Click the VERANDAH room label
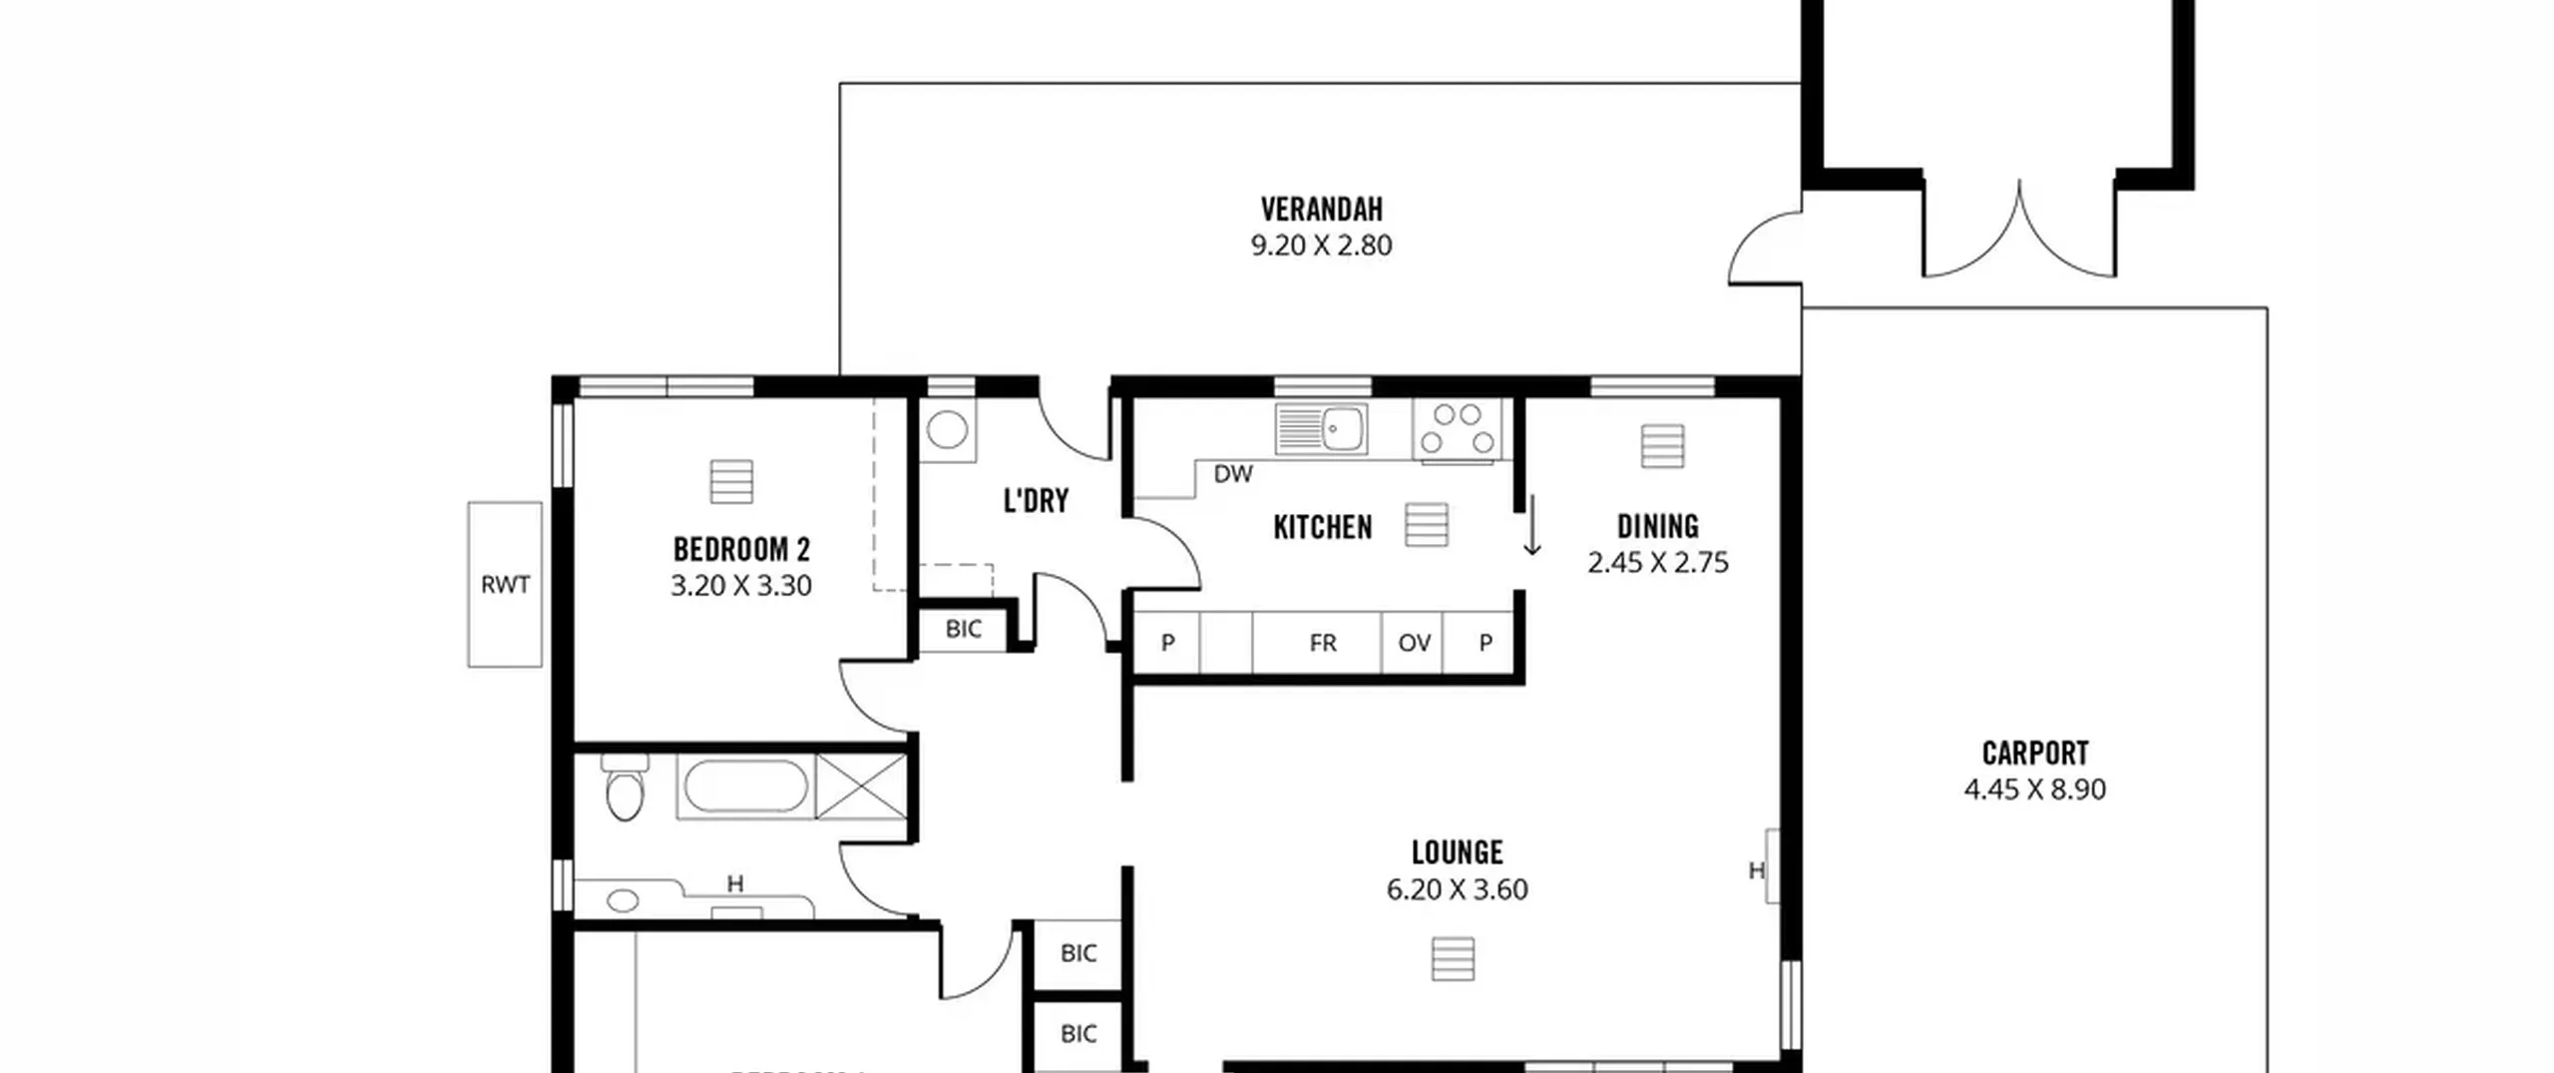tap(1321, 210)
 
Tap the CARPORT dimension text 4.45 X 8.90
tap(2034, 790)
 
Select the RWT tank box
tap(505, 585)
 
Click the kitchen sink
tap(1321, 429)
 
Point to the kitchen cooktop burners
tap(1457, 429)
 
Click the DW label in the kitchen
tap(1233, 475)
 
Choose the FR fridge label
tap(1323, 644)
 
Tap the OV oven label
tap(1414, 644)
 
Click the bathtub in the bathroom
tap(745, 788)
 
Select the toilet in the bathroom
tap(625, 788)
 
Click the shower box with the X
tap(861, 788)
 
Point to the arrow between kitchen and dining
tap(1531, 525)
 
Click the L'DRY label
tap(1036, 500)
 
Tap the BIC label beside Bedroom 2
tap(963, 630)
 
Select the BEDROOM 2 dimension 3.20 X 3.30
tap(740, 586)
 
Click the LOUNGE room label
tap(1457, 852)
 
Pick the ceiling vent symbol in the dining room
tap(1662, 446)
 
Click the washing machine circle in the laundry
tap(947, 430)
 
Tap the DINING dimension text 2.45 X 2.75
tap(1657, 563)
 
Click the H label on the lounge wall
tap(1756, 871)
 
